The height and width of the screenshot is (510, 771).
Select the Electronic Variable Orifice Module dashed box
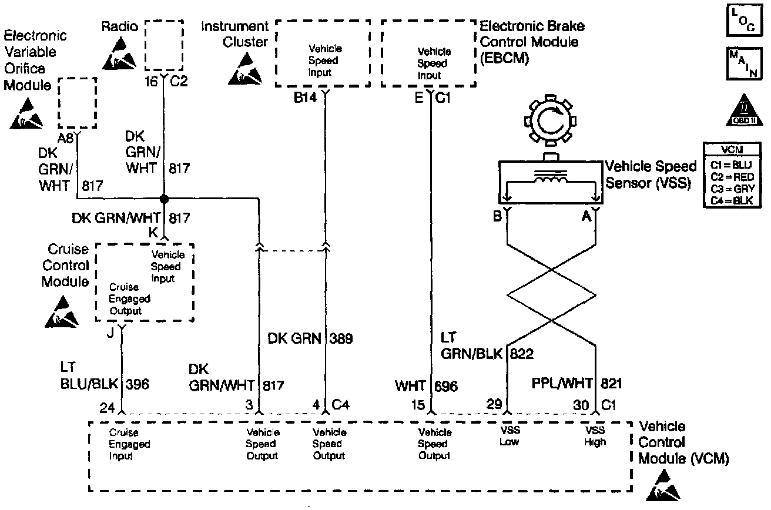(x=77, y=102)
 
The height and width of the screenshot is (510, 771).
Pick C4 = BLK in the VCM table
(x=732, y=200)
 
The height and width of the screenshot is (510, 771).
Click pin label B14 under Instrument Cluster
(x=306, y=97)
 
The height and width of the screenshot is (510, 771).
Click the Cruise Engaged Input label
(x=129, y=444)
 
